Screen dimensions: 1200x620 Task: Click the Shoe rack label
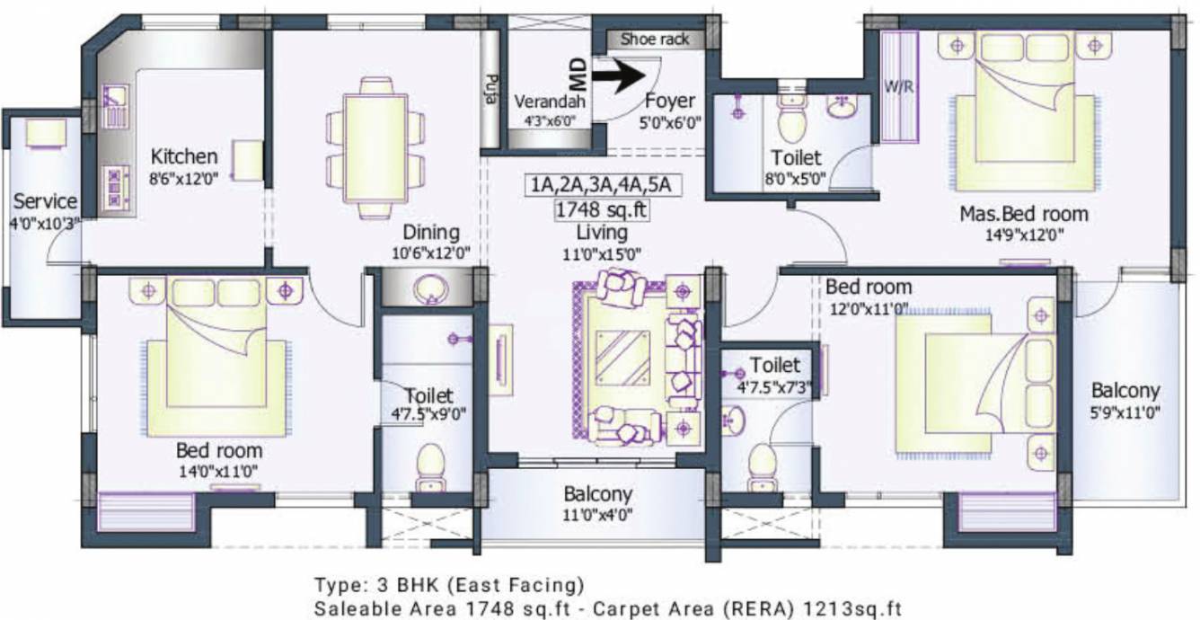coord(655,40)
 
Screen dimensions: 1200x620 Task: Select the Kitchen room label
coord(184,156)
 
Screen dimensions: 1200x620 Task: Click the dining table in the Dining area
coord(375,147)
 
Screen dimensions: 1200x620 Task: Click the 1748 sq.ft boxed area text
coord(602,209)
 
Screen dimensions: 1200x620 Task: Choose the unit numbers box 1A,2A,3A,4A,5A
coord(601,185)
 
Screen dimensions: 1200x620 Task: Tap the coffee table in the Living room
coord(622,357)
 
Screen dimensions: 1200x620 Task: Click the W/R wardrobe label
coord(898,87)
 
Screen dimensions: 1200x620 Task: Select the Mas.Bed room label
coord(1024,214)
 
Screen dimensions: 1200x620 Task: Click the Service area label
coord(45,201)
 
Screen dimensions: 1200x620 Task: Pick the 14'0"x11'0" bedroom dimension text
coord(218,472)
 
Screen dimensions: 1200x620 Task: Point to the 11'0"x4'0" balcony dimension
coord(597,515)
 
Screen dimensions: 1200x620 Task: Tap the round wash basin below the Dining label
coord(431,288)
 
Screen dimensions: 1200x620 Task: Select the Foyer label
coord(670,101)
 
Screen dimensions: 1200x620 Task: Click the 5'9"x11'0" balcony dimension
coord(1125,413)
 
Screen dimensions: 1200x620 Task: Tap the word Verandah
coord(550,101)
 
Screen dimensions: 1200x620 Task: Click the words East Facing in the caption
coord(516,585)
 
